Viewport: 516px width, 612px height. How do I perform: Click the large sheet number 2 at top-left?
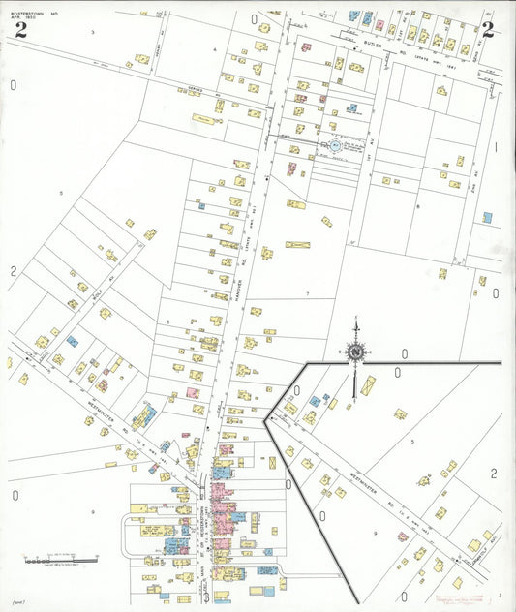tap(20, 28)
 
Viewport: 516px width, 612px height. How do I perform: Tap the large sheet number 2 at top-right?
tap(488, 29)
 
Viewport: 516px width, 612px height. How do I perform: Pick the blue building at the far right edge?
tap(488, 217)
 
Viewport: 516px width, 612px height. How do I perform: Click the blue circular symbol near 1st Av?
tap(335, 145)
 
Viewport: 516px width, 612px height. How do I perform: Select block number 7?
tap(307, 292)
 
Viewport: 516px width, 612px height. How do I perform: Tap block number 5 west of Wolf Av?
tap(60, 194)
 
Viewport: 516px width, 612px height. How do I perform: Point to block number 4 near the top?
tap(215, 47)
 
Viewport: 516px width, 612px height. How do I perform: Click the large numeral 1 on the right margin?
tap(495, 148)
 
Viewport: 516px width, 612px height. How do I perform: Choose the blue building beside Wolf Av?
tap(72, 341)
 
